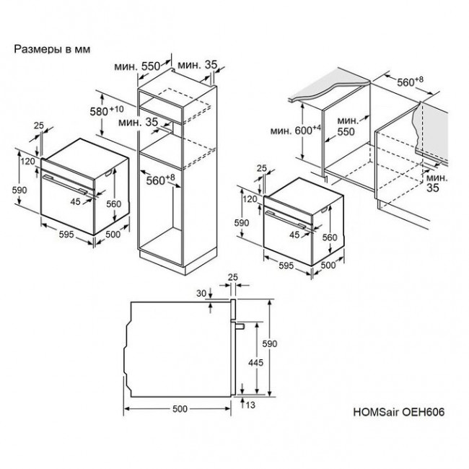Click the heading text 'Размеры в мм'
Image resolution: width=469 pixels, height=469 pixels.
pos(52,49)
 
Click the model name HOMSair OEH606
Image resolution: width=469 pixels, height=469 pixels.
pos(399,412)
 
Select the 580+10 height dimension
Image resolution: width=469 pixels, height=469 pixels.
pos(107,110)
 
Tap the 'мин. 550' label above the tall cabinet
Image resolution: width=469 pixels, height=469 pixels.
pos(137,66)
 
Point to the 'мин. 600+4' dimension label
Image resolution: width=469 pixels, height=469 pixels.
pos(296,130)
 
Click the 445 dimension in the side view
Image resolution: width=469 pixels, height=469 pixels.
pos(255,362)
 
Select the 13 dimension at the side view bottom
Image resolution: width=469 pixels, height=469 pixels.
pos(250,405)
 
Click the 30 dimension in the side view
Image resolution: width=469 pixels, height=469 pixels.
pos(201,294)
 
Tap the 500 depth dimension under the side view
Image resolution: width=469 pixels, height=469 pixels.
pos(180,409)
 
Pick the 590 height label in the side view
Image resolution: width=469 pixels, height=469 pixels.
pos(270,343)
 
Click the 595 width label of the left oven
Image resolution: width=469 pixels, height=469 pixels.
pos(66,234)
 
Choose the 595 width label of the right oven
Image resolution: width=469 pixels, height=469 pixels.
pos(286,266)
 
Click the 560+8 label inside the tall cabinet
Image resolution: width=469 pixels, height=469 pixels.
pos(160,180)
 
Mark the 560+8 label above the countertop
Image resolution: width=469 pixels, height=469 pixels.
pos(410,82)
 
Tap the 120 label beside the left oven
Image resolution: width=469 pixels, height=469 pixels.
pos(28,162)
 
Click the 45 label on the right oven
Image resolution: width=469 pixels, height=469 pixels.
pos(294,234)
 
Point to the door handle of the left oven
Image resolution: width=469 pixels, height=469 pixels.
pos(66,185)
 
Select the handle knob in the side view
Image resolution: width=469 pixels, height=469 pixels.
pos(240,325)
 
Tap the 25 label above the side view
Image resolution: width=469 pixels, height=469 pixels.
pos(233,277)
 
